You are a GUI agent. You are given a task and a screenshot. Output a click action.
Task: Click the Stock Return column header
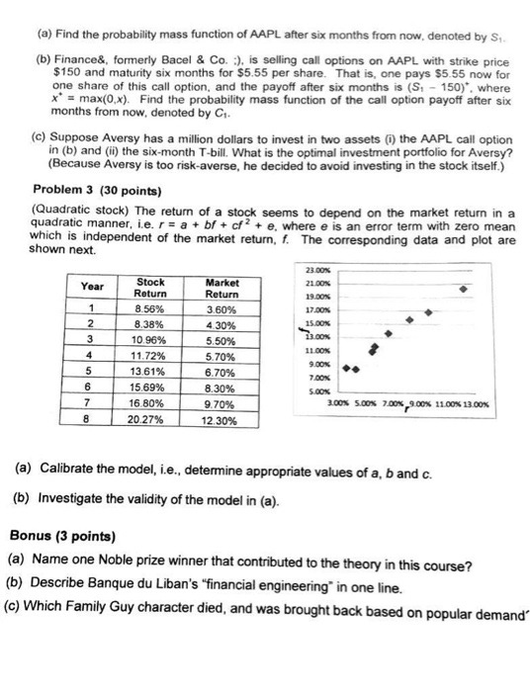click(149, 288)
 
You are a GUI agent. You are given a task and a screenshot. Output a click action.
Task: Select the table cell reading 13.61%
click(149, 374)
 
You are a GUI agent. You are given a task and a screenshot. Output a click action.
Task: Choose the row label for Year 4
click(91, 357)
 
